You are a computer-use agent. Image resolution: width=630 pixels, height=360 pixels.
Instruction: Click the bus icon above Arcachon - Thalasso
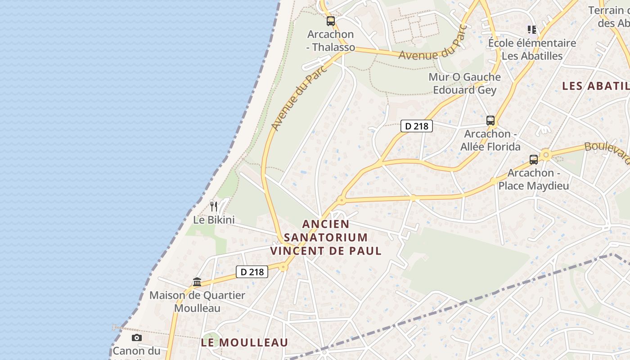(x=331, y=21)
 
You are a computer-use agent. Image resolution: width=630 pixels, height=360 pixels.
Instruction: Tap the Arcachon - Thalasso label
(x=331, y=40)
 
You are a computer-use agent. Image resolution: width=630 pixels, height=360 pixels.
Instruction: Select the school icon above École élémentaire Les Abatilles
(x=532, y=30)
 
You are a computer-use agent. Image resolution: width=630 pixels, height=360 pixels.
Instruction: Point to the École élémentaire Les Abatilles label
(x=532, y=49)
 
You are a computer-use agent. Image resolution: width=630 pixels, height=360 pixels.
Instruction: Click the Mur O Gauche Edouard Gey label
(x=464, y=83)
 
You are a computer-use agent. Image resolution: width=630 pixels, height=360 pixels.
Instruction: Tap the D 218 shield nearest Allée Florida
(x=416, y=126)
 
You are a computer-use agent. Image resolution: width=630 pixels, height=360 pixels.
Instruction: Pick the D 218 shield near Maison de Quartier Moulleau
(x=252, y=272)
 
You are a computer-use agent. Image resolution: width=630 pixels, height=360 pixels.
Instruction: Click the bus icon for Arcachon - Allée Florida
(x=490, y=121)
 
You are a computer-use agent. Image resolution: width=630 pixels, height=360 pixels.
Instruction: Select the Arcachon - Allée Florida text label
(x=490, y=140)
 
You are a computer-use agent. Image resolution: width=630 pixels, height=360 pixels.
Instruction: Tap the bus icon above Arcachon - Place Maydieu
(x=534, y=159)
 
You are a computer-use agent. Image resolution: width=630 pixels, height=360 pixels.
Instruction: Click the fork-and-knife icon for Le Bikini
(x=214, y=207)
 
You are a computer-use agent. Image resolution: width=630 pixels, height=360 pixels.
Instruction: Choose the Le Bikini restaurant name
(x=214, y=220)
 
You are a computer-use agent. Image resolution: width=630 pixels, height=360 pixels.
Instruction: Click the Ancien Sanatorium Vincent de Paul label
(x=326, y=237)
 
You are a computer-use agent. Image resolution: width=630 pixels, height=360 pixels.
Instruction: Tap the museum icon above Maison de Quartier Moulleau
(x=197, y=282)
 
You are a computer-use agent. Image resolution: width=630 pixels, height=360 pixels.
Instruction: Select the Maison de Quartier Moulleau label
(x=197, y=301)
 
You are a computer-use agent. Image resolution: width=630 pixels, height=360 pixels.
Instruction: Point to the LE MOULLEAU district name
(x=244, y=342)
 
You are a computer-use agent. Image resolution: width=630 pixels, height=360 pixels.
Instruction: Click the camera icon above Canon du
(x=137, y=337)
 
